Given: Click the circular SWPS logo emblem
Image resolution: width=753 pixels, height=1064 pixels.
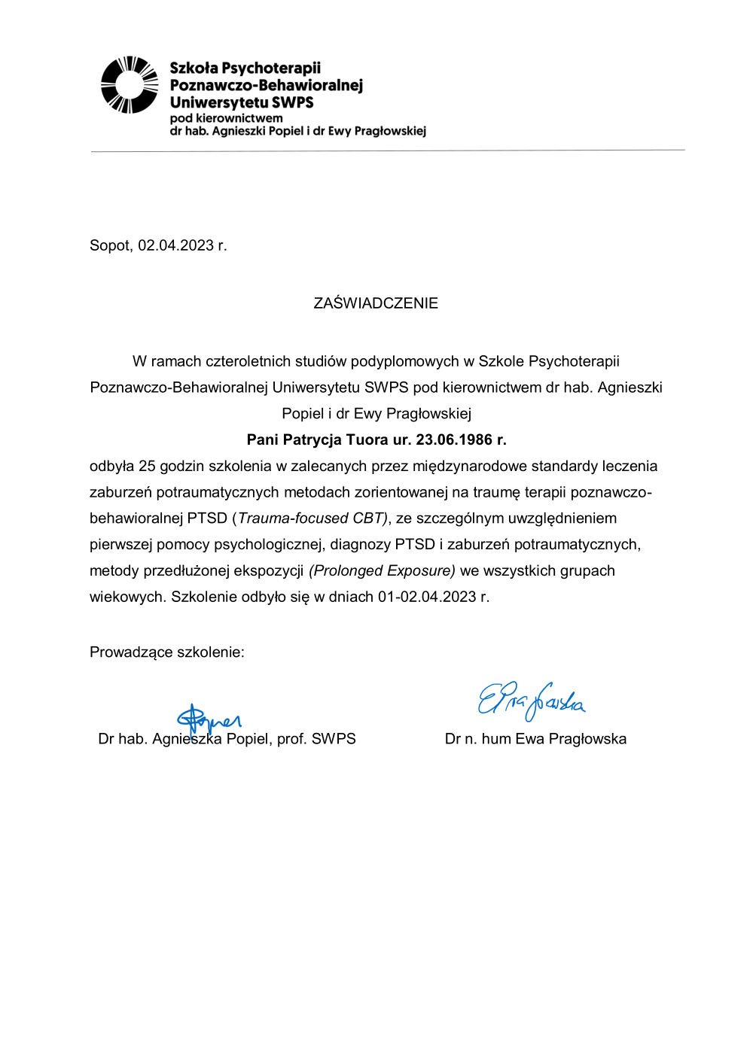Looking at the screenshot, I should point(130,85).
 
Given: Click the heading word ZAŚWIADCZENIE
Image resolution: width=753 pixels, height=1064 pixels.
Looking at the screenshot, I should point(376,303).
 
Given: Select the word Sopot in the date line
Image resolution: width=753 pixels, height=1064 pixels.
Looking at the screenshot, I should point(110,245).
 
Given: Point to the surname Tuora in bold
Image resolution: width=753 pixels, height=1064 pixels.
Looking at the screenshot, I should point(366,439).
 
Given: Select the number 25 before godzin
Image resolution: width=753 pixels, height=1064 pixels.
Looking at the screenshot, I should point(147,466).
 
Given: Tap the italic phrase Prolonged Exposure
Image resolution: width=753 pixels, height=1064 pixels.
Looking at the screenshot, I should point(383,570).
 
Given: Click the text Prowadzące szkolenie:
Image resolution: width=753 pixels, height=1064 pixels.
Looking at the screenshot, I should point(167,652).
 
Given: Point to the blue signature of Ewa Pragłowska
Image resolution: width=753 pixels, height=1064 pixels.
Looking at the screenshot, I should point(532,700).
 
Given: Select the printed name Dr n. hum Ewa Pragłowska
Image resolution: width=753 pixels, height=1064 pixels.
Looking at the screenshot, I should point(535,739).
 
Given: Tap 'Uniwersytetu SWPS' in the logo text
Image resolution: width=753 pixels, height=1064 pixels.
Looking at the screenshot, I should point(242,102).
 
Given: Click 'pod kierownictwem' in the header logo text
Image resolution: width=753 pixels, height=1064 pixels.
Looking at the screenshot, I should point(226,118).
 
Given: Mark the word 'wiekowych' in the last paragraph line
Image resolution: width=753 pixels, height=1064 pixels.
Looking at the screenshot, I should point(124,597).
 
